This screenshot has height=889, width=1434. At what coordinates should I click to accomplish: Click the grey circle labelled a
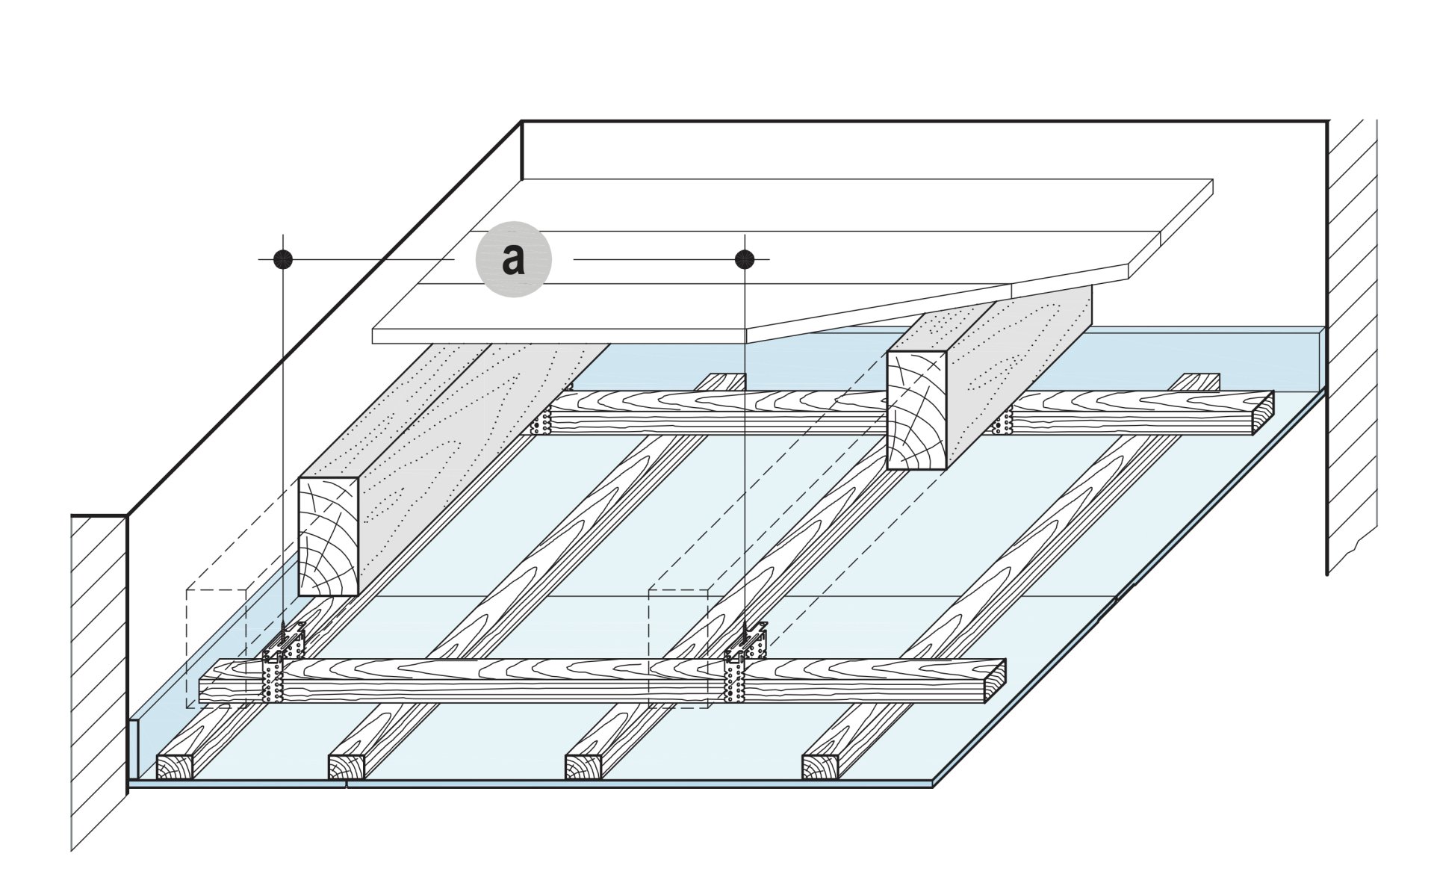click(x=514, y=260)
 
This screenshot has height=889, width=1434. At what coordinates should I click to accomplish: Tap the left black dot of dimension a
click(x=282, y=259)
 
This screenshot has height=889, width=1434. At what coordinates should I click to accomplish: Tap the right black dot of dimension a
click(x=745, y=259)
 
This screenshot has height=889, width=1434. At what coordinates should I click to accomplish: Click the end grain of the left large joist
click(x=328, y=536)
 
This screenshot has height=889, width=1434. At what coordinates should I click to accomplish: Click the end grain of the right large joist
click(x=916, y=411)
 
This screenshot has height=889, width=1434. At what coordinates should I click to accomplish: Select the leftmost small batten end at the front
click(x=176, y=768)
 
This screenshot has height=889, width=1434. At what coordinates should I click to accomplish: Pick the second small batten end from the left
click(x=349, y=768)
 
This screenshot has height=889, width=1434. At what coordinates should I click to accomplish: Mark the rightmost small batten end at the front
click(x=822, y=768)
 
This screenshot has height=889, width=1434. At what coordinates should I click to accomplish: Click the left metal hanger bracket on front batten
click(x=279, y=665)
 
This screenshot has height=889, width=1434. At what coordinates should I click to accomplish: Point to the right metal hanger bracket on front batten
click(x=742, y=665)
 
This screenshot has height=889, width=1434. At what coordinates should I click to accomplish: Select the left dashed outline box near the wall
click(x=217, y=646)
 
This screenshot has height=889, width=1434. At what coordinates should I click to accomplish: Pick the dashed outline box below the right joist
click(x=678, y=646)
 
